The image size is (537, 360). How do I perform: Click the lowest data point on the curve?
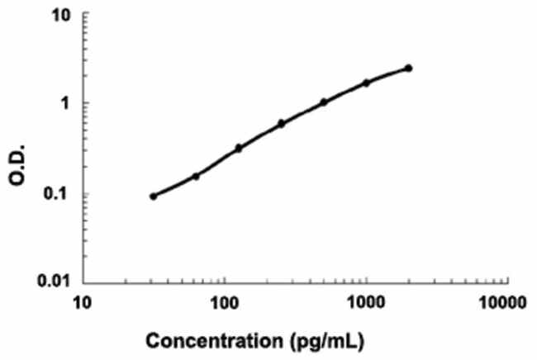pos(153,197)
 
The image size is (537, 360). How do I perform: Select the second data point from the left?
pos(196,176)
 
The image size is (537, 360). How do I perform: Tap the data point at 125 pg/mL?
pos(239,149)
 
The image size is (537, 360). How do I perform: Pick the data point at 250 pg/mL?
pos(282,124)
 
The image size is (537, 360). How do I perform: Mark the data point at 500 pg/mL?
pos(324,102)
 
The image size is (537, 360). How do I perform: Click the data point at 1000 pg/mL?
pos(367,83)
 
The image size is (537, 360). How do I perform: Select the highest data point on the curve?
pos(409,68)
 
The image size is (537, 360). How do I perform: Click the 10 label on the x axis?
pos(83,303)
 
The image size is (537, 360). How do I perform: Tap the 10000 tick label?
pos(502,303)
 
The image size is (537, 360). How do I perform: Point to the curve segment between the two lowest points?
pos(174,187)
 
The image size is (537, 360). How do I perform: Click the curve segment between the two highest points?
pos(388,74)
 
